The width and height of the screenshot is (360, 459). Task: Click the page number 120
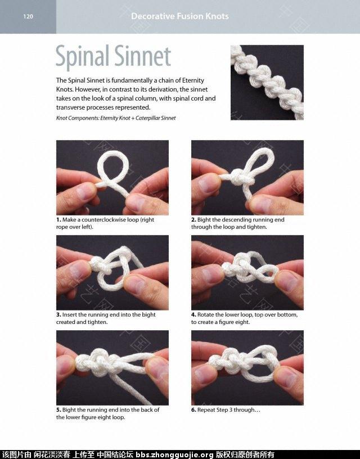point(28,16)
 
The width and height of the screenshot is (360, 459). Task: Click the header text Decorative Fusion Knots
point(179,16)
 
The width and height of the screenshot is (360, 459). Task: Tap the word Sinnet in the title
point(142,56)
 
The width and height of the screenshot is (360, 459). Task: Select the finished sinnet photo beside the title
point(267,82)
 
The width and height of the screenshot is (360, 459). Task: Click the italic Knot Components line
point(116,118)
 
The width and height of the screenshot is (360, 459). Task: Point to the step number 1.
point(58,219)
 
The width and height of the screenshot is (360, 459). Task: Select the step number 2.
point(193,219)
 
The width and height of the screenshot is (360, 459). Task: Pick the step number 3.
point(58,314)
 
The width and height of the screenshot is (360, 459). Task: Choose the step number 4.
point(193,314)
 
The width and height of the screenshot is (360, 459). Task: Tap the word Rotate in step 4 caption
point(205,314)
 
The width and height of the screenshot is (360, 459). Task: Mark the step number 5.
point(58,410)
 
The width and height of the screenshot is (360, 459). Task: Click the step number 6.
point(193,410)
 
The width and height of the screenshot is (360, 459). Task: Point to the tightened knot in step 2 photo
point(239,177)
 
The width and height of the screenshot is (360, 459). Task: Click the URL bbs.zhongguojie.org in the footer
point(175,454)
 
